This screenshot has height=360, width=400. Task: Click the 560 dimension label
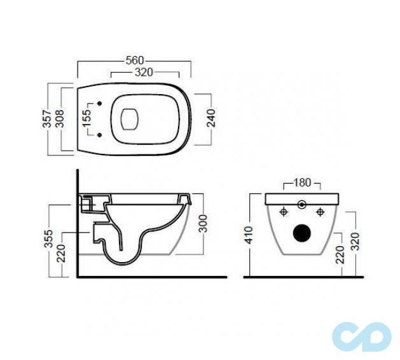click(x=135, y=60)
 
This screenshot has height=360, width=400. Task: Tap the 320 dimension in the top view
click(x=144, y=73)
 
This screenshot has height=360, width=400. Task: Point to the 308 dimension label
click(x=60, y=119)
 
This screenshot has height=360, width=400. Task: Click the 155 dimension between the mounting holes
click(x=86, y=118)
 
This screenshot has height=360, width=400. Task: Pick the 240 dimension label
click(x=212, y=118)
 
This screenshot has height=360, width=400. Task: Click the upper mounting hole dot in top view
click(x=99, y=103)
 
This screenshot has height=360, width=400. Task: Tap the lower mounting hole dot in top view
click(x=99, y=134)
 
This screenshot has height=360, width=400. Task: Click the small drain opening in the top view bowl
click(x=130, y=119)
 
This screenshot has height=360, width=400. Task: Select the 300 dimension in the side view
click(x=203, y=223)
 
